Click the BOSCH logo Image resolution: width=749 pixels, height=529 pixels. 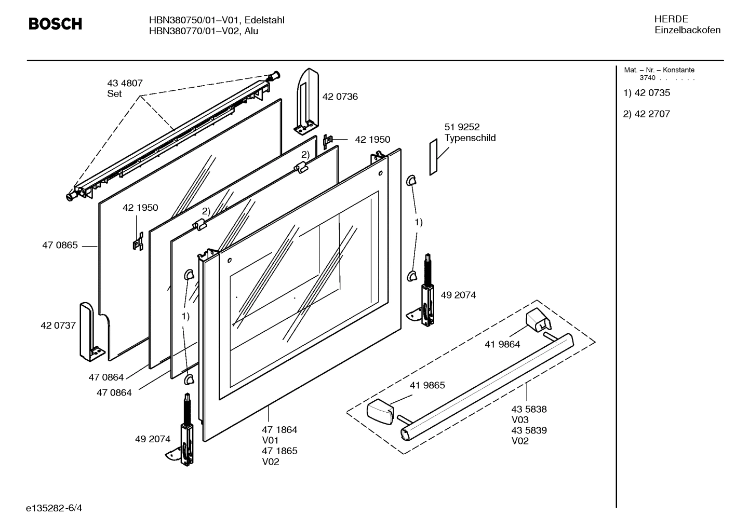click(x=55, y=24)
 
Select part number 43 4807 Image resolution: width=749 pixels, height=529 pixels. click(x=125, y=83)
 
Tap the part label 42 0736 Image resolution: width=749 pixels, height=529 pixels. click(x=340, y=97)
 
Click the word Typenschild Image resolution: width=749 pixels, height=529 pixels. click(x=470, y=138)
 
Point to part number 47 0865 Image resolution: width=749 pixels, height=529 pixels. click(x=60, y=245)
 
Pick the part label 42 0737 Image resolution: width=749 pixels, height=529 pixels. click(x=58, y=325)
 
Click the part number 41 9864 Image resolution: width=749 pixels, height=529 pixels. click(x=502, y=344)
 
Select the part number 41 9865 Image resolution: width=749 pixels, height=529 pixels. click(x=427, y=385)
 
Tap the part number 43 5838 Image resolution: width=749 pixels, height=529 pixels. click(x=529, y=409)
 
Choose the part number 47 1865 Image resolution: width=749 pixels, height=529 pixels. click(x=279, y=451)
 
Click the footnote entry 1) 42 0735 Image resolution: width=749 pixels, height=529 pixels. click(x=647, y=93)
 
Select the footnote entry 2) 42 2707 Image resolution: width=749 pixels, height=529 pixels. click(x=647, y=114)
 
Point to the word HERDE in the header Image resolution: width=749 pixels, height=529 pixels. click(x=671, y=19)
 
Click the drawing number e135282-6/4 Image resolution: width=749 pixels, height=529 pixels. click(x=54, y=507)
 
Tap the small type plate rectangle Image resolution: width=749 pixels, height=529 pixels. click(x=434, y=157)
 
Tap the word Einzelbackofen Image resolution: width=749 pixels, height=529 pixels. click(x=687, y=30)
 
